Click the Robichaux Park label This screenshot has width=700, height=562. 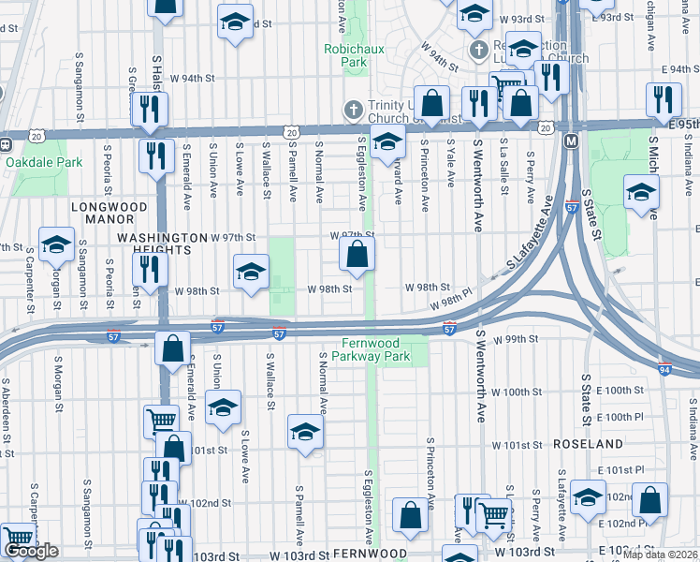[x=345, y=54]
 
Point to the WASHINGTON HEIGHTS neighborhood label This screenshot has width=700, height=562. [x=161, y=244]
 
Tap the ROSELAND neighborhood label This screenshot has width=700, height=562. [x=588, y=443]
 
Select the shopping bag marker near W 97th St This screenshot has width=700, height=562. [x=357, y=254]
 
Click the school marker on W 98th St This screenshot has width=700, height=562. [x=250, y=273]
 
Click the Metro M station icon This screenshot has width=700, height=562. [x=571, y=140]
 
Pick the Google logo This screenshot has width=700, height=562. [x=32, y=552]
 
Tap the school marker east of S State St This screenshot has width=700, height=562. [x=641, y=193]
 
